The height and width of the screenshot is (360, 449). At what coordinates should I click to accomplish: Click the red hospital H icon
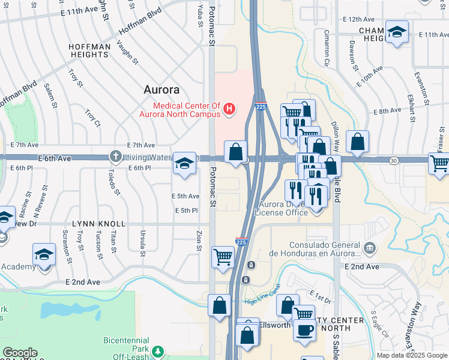tap(229, 109)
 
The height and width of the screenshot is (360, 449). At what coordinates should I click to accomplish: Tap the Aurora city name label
tap(161, 89)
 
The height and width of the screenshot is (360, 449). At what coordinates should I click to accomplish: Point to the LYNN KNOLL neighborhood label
tap(99, 224)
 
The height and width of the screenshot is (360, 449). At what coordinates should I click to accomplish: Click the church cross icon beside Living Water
tap(116, 157)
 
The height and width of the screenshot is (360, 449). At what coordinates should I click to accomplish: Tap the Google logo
tap(19, 352)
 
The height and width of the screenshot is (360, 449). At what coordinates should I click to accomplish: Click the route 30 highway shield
tap(394, 160)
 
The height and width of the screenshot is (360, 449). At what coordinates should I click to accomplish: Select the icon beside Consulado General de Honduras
tap(369, 247)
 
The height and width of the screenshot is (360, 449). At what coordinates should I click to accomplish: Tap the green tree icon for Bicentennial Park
tap(158, 351)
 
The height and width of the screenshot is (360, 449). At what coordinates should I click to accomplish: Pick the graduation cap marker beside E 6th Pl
tap(185, 163)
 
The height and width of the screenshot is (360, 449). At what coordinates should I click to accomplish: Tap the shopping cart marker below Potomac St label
tap(223, 256)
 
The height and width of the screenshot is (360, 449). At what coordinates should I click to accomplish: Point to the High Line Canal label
tap(259, 302)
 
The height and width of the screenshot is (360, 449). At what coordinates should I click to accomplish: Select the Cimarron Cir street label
tap(327, 48)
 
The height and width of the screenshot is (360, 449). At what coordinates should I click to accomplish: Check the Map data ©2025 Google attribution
tap(412, 355)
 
